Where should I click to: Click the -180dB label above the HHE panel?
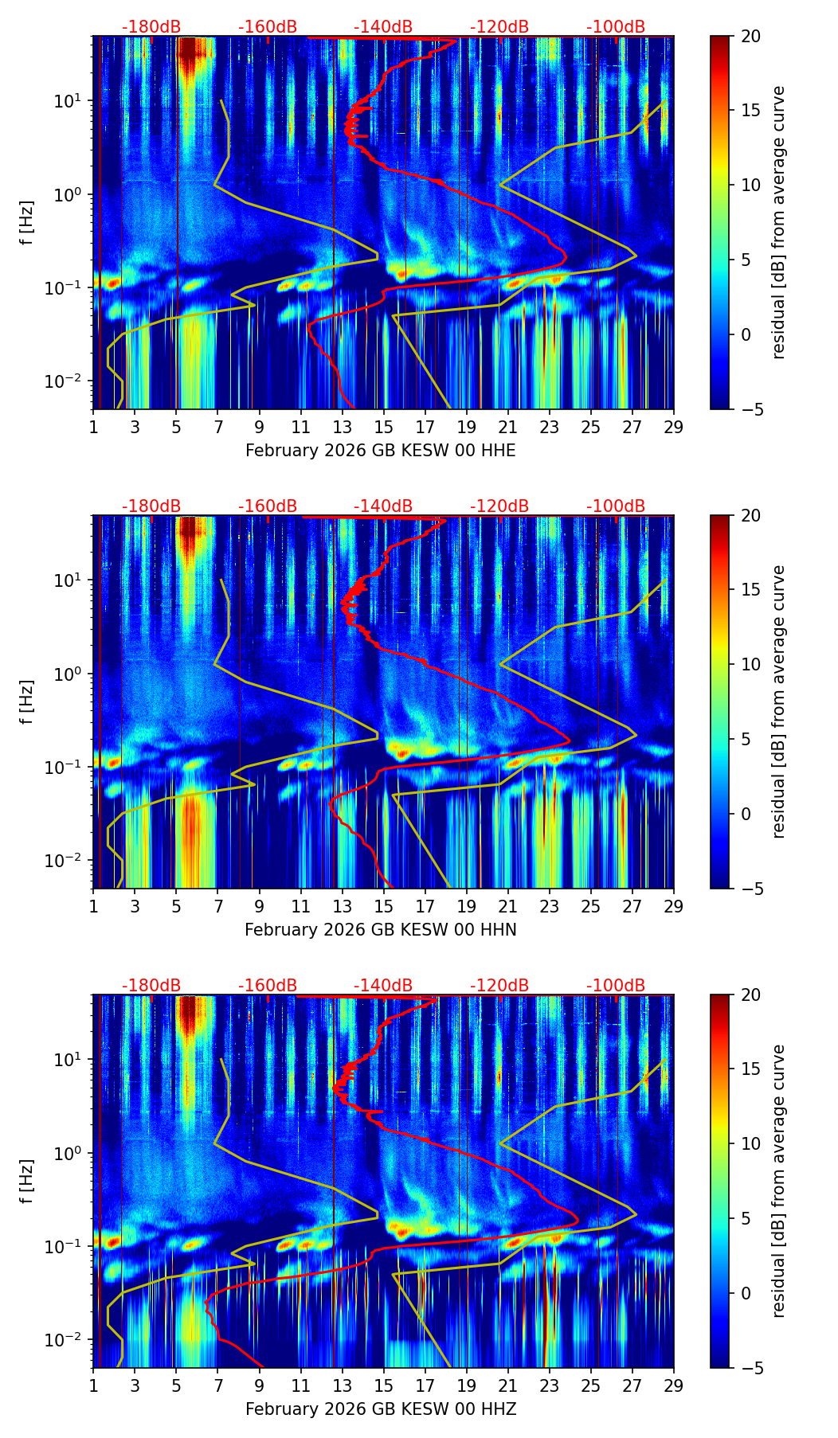tap(151, 27)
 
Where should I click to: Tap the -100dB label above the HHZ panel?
tap(616, 986)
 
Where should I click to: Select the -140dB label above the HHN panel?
tap(383, 506)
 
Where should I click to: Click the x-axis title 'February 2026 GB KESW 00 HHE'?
tap(380, 451)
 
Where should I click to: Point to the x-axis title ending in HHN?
tap(380, 930)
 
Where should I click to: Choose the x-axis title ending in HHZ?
tap(380, 1409)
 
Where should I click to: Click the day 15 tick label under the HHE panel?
tap(383, 428)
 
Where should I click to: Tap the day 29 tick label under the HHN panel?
tap(674, 907)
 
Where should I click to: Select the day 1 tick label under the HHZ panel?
tap(93, 1386)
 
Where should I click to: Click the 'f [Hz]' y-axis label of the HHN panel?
tap(29, 701)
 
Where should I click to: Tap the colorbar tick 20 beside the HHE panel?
tap(750, 37)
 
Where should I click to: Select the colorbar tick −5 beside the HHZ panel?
tap(750, 1368)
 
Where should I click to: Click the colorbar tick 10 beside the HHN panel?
tap(750, 664)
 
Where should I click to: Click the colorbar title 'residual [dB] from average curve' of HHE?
tap(779, 222)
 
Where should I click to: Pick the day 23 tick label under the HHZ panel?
tap(549, 1386)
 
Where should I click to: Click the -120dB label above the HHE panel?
tap(499, 27)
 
